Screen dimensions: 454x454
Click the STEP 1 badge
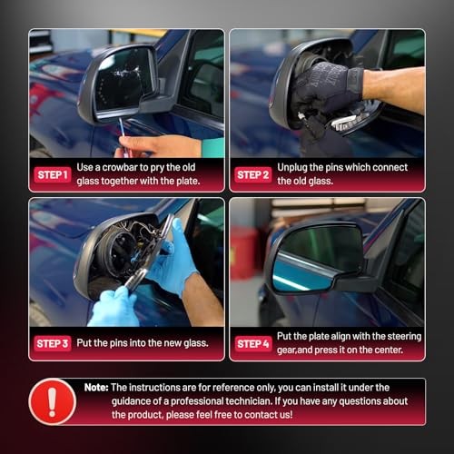click(x=52, y=174)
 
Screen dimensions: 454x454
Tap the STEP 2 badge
click(x=253, y=174)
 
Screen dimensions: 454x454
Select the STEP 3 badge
click(x=53, y=343)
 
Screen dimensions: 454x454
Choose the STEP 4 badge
click(x=253, y=343)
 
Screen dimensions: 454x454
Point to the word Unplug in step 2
click(x=292, y=168)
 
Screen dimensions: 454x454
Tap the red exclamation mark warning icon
click(x=52, y=401)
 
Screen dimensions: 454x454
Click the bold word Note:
click(x=96, y=388)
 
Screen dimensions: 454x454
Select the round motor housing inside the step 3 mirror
click(x=120, y=252)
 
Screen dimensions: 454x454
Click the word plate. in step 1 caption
click(x=188, y=182)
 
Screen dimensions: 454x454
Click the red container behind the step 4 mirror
click(x=243, y=252)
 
